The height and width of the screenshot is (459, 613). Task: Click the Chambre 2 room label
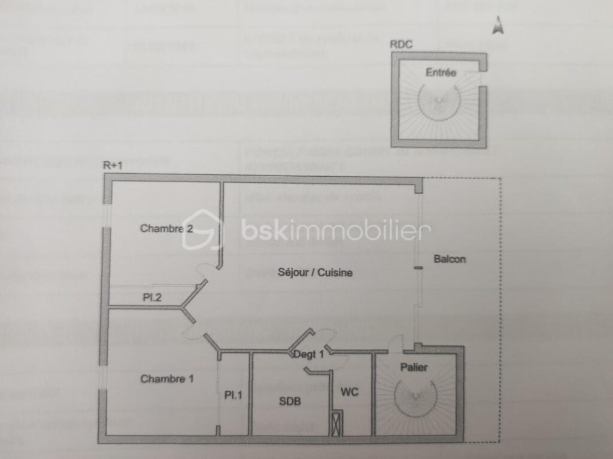166,228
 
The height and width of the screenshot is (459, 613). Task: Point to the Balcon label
449,259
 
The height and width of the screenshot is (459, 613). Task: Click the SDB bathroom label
290,401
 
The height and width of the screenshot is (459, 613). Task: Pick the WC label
350,392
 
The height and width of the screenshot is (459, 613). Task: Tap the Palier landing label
414,367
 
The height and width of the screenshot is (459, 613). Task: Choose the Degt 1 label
308,354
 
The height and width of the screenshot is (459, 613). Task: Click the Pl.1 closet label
233,395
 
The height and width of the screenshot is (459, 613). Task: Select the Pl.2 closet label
151,297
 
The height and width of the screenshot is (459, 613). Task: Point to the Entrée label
441,73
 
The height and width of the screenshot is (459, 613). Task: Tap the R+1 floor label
113,165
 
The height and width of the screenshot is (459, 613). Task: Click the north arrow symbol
497,25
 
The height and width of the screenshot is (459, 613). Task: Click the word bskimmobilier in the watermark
336,231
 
